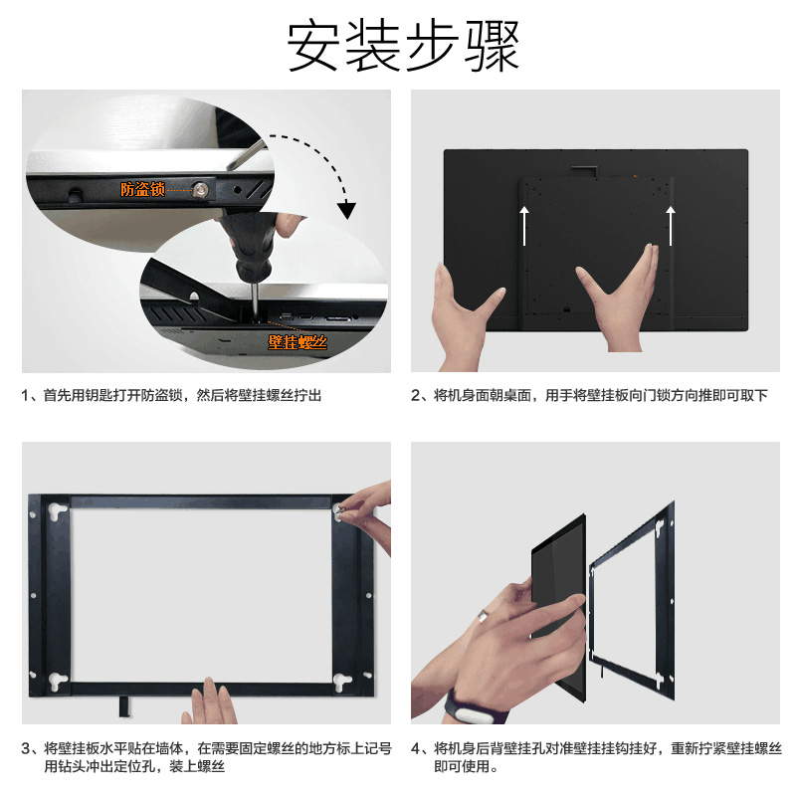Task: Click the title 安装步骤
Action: pos(403,45)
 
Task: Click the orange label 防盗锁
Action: pos(142,189)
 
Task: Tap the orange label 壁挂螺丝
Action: pos(298,342)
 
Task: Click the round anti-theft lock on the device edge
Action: pos(201,190)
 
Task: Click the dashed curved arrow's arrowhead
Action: pos(347,210)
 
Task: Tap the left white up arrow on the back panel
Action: pos(524,226)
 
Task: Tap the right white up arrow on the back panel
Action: pos(671,226)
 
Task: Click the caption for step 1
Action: pos(171,395)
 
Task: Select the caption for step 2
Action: pos(589,395)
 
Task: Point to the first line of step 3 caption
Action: pos(207,748)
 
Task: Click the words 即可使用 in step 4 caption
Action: pos(462,766)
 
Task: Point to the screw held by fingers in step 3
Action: pos(338,510)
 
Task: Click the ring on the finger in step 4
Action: pos(481,615)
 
